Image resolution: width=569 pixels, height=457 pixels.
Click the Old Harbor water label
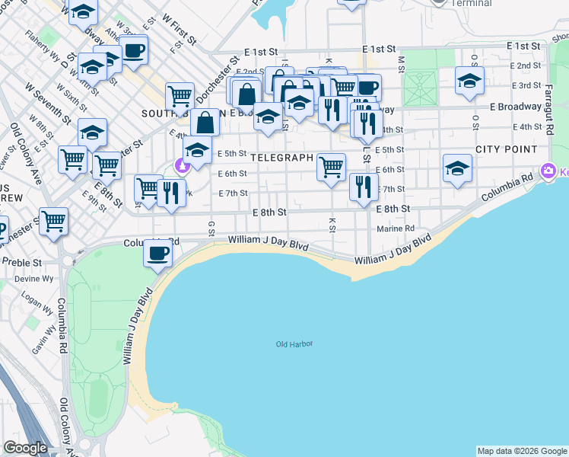pos(294,344)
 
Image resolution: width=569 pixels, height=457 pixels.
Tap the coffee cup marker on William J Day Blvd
pos(158,253)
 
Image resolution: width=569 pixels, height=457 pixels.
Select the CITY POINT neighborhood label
pos(506,149)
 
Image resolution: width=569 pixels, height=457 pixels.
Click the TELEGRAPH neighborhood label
pos(281,158)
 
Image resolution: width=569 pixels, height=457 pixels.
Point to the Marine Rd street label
pos(396,228)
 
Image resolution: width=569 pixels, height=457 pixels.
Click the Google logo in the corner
pos(25,448)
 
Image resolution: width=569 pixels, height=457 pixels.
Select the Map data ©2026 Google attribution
pos(522,451)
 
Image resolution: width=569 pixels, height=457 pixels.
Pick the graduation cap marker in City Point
pos(457,169)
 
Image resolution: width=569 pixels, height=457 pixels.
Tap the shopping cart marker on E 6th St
pos(331,167)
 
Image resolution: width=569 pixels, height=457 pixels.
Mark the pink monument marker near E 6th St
pos(182,165)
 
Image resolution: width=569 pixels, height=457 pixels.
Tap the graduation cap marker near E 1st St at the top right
pos(469,80)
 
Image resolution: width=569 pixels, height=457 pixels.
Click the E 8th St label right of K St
pos(393,208)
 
